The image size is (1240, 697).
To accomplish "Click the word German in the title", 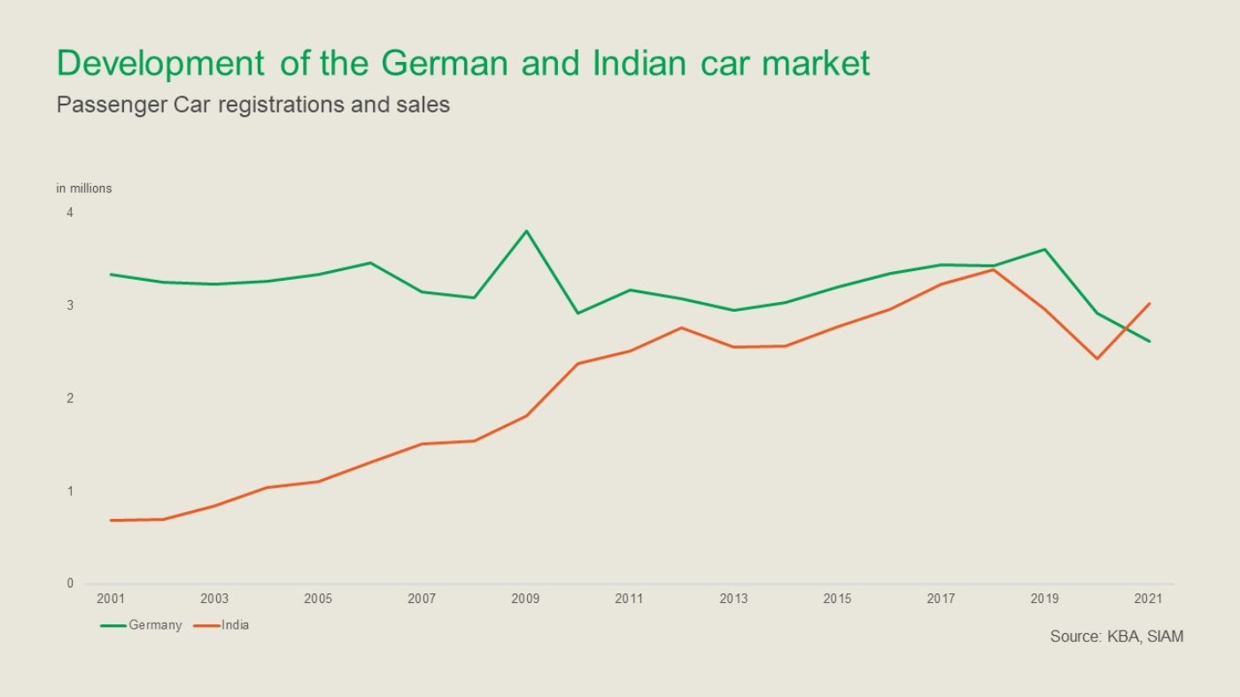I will (x=445, y=64).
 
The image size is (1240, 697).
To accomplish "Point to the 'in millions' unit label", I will (x=84, y=189).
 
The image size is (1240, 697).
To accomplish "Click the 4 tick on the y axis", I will (x=70, y=213).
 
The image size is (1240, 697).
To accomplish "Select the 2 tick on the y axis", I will (x=70, y=399).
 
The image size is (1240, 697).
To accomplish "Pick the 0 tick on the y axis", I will (x=70, y=584).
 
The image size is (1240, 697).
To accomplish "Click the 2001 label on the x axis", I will (x=111, y=600).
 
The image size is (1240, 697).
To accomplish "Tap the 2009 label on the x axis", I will (x=525, y=600).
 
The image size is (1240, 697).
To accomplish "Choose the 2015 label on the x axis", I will (x=837, y=600).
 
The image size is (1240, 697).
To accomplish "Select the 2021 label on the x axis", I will (x=1148, y=600).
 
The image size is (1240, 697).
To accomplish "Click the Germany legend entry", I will (x=154, y=625).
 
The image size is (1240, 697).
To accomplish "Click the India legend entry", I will (x=235, y=625).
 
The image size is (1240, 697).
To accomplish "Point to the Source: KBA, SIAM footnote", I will (x=1116, y=637).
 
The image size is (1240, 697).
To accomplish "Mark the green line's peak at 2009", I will (x=526, y=231).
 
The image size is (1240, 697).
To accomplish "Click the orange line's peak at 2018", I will (x=994, y=269).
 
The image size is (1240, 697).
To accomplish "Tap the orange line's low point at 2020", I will (x=1097, y=359).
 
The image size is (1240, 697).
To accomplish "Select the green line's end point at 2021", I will (x=1150, y=341).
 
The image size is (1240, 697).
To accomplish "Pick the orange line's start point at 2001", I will (x=111, y=520).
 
